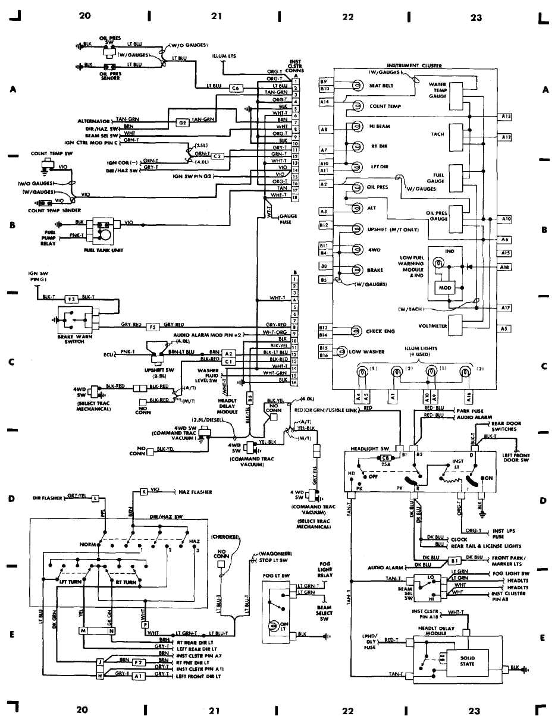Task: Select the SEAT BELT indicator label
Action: [381, 86]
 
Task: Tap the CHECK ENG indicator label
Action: [382, 331]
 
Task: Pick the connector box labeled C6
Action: [236, 87]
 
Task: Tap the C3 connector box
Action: [218, 156]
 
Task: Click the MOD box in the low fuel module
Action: [446, 288]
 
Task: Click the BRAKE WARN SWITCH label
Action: [74, 339]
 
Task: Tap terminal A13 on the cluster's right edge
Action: [506, 117]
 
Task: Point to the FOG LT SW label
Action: [276, 575]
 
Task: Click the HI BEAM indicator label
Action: [380, 126]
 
